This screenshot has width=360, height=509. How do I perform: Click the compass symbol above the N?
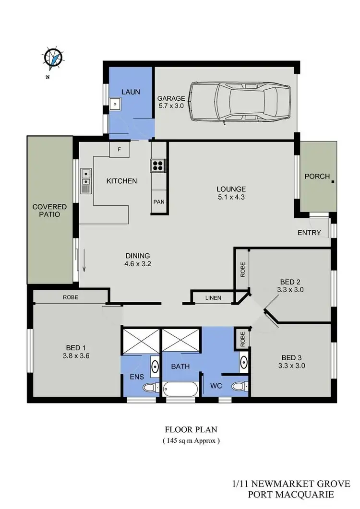coord(53,58)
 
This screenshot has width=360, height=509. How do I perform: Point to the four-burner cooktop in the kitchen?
coord(158,166)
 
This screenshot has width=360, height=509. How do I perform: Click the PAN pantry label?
coord(158,202)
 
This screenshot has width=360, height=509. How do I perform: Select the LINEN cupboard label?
coord(213,298)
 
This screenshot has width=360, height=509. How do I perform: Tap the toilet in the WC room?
coord(238,385)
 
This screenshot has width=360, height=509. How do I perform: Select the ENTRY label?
coord(310,233)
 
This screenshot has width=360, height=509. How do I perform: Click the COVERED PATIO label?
coord(49,211)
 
